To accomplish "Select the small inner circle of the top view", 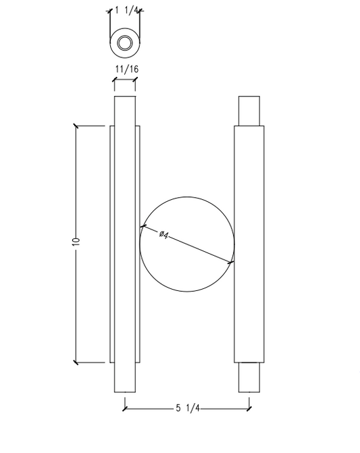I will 125,43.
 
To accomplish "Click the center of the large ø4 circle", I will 186,244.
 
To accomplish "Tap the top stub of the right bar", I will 249,111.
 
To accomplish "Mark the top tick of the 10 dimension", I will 76,126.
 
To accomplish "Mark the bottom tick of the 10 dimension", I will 76,363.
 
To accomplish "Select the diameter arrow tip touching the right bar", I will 233,262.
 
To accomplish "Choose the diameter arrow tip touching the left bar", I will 140,225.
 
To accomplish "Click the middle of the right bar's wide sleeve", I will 249,244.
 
